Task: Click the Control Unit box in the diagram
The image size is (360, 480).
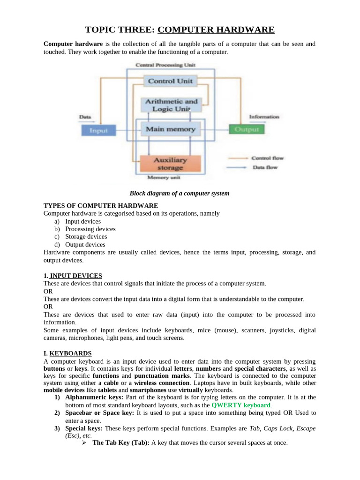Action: (170, 81)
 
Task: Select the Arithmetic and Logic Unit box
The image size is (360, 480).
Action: (172, 105)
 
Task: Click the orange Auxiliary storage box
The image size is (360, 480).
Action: (170, 164)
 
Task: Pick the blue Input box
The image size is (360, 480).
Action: (98, 130)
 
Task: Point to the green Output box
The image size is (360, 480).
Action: (247, 129)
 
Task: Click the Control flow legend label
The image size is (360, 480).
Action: (267, 158)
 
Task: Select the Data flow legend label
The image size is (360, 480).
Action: (264, 167)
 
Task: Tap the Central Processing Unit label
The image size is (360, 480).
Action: (165, 65)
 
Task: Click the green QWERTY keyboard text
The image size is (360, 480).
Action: (241, 405)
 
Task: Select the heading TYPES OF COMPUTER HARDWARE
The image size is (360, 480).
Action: (101, 206)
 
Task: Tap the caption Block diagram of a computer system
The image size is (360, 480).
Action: (180, 193)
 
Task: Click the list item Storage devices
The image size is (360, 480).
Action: (86, 237)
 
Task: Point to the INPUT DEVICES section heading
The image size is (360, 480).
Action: (75, 276)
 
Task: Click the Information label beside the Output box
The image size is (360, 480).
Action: (264, 117)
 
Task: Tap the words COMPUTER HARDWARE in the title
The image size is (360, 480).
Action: (216, 30)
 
